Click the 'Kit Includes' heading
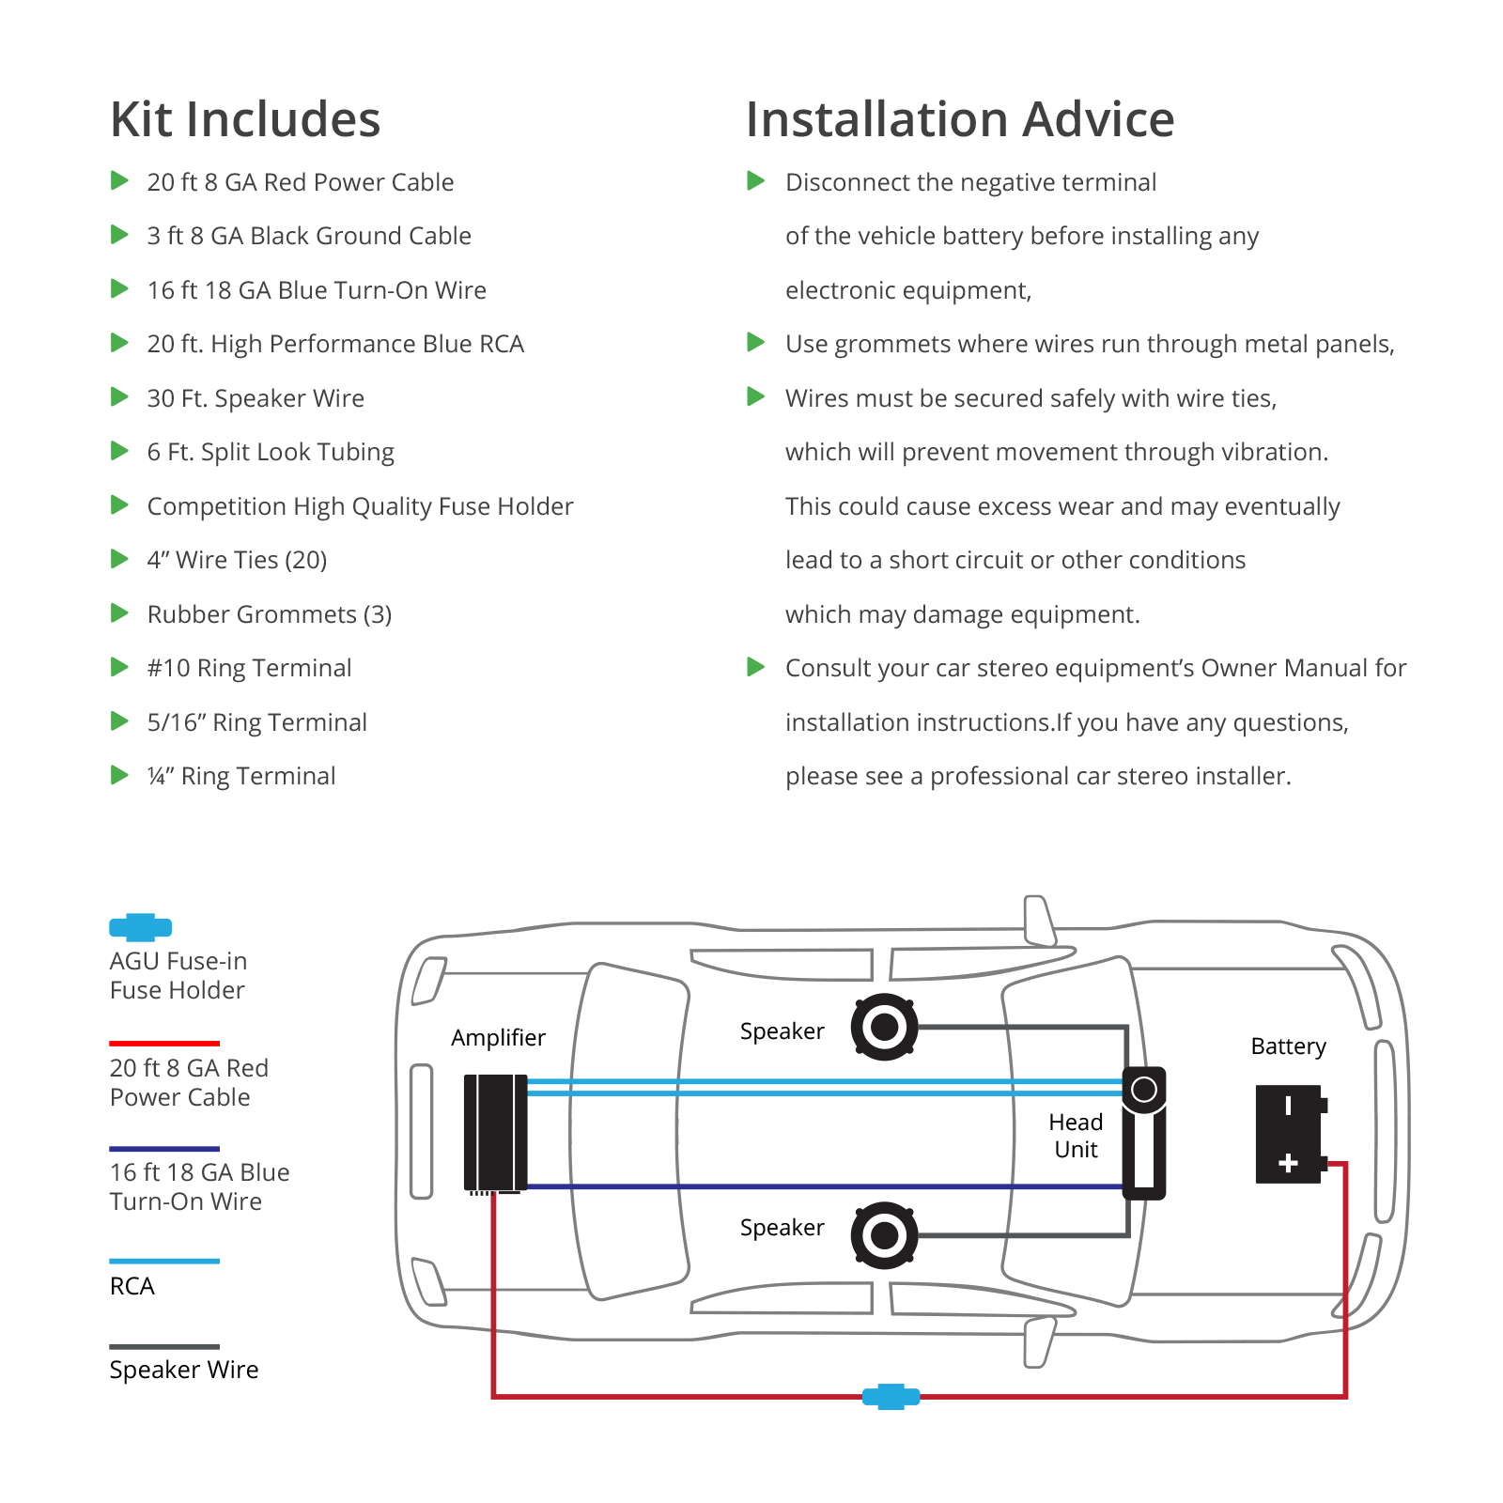[x=245, y=119]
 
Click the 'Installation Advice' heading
[x=959, y=119]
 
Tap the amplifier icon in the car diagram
[x=495, y=1132]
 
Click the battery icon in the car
[x=1289, y=1134]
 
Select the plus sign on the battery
[x=1288, y=1164]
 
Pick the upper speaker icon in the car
[x=884, y=1027]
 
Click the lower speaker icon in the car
[x=884, y=1235]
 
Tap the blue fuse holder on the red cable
[x=891, y=1397]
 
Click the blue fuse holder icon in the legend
[x=141, y=927]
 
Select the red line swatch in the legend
[x=164, y=1043]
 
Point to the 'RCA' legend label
[x=132, y=1286]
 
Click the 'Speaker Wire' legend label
[x=184, y=1370]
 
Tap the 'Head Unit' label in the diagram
[x=1076, y=1136]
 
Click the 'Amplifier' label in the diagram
[x=498, y=1038]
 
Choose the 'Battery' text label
[x=1288, y=1046]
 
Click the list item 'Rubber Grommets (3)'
[x=270, y=614]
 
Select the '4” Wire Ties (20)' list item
[x=237, y=560]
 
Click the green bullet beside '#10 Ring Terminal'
[x=119, y=667]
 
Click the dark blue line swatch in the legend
[x=164, y=1149]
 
